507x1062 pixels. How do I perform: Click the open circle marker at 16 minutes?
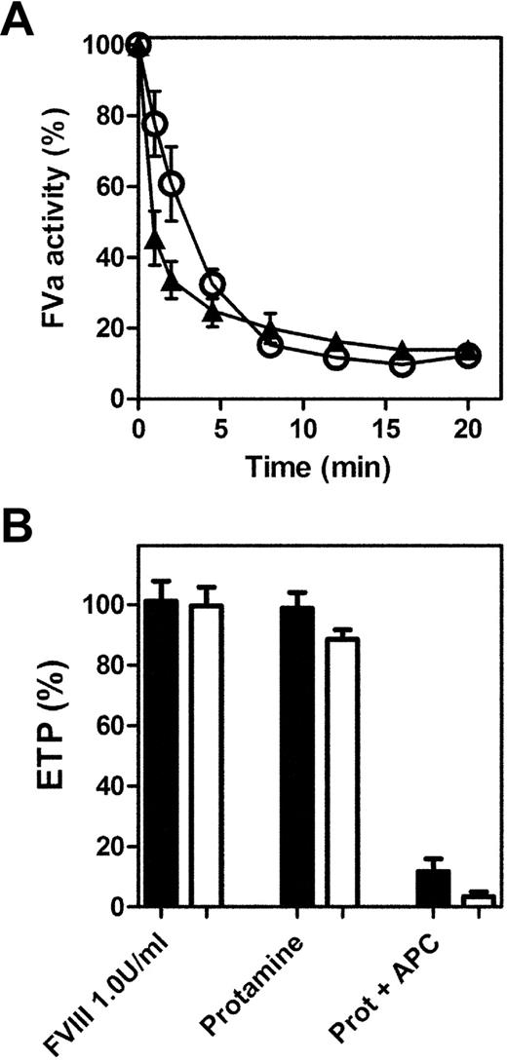point(402,363)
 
